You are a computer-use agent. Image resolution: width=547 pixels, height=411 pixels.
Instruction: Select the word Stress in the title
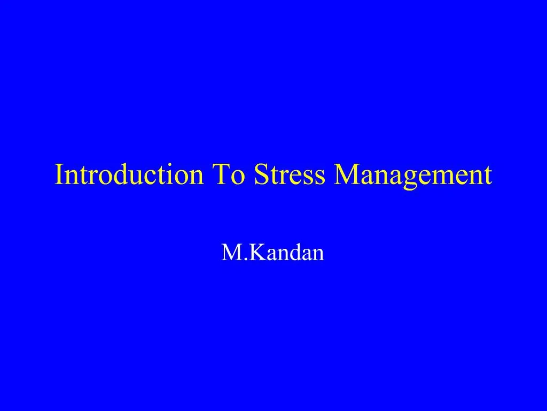coord(289,175)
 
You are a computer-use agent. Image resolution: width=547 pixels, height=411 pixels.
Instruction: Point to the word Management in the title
coord(412,175)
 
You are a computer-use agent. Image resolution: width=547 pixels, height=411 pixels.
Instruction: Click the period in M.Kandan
coord(241,259)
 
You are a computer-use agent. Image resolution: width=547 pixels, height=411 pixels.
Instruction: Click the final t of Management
coord(487,176)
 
